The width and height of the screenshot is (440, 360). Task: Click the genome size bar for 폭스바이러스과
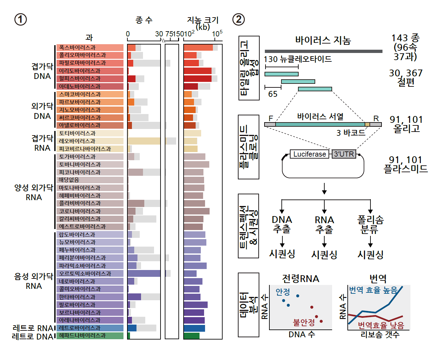(x=198, y=48)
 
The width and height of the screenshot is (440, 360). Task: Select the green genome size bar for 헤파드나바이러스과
(x=191, y=336)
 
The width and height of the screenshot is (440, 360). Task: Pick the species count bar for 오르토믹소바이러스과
(x=144, y=274)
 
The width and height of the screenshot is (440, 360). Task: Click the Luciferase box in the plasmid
(x=309, y=154)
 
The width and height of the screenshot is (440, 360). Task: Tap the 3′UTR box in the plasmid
(x=344, y=154)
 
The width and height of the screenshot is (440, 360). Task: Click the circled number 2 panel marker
(x=239, y=19)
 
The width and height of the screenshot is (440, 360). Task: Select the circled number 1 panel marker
(x=20, y=19)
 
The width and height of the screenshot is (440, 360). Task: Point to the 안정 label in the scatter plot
(x=283, y=292)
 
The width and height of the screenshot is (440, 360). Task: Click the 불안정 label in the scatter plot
(x=304, y=322)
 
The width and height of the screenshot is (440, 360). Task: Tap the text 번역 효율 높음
(x=373, y=290)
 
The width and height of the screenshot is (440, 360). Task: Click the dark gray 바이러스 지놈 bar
(x=323, y=51)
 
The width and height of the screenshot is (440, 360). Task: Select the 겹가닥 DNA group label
(x=42, y=71)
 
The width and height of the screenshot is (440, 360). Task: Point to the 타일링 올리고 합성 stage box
(x=249, y=68)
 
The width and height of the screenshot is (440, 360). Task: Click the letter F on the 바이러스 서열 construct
(x=271, y=118)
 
